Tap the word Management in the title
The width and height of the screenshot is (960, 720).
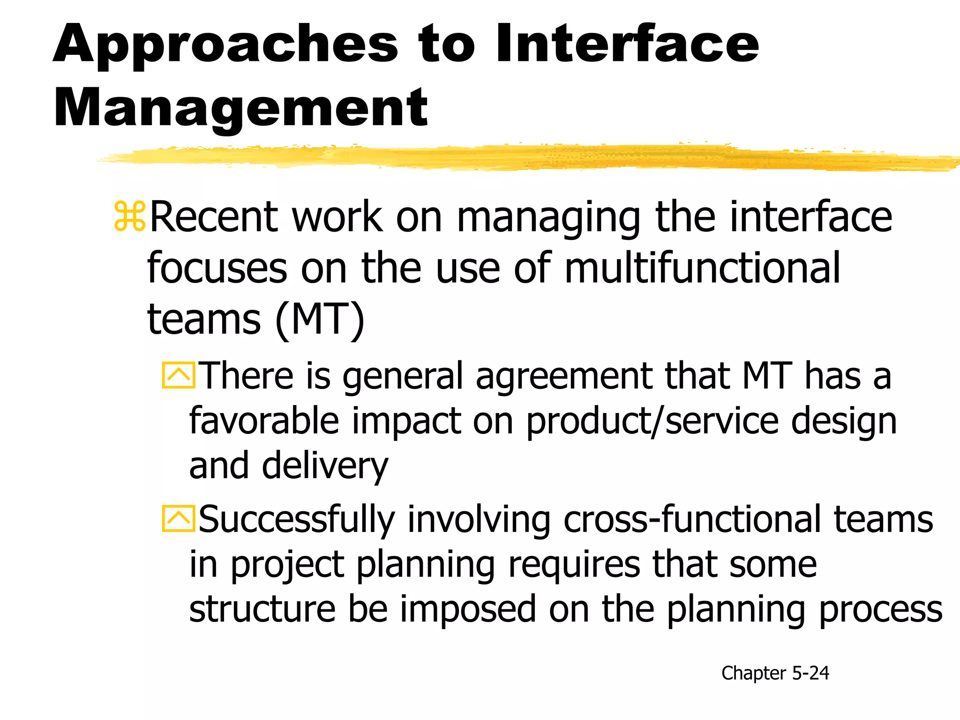tap(240, 109)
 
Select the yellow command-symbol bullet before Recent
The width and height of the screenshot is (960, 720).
tap(130, 217)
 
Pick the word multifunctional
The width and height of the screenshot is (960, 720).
tap(702, 268)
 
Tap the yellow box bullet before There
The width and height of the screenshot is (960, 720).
tap(178, 375)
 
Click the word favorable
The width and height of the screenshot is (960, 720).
tap(264, 421)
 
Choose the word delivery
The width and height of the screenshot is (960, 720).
tap(325, 467)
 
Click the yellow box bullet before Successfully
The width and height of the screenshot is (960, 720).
tap(178, 519)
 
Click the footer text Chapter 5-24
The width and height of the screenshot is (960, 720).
tap(775, 673)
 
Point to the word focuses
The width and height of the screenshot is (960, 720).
tap(217, 268)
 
